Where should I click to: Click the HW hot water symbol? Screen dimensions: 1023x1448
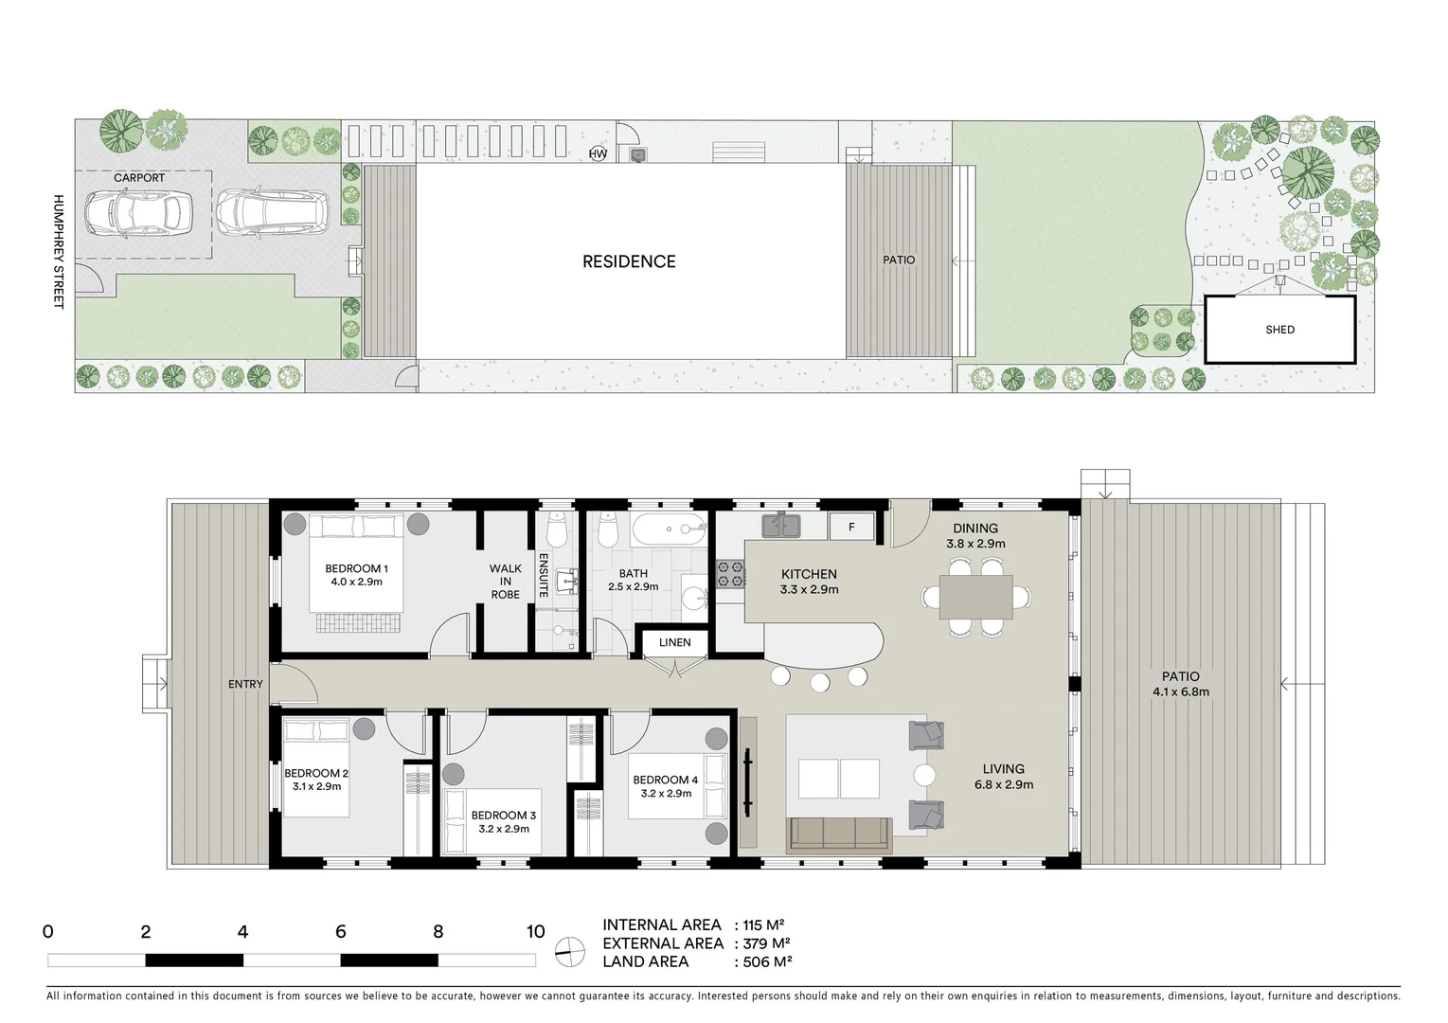click(598, 153)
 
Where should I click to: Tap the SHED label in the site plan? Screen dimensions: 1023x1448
click(1279, 330)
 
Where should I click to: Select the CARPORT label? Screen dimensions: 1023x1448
click(139, 178)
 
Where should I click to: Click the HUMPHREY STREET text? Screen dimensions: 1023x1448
click(58, 251)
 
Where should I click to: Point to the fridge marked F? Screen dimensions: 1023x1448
click(851, 527)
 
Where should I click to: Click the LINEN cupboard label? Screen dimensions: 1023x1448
click(674, 642)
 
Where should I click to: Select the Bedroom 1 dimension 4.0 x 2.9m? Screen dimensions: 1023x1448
click(356, 582)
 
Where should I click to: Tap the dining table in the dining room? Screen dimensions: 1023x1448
click(976, 597)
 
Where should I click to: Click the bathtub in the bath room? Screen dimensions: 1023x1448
click(669, 529)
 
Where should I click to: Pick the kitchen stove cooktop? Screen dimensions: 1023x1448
click(730, 574)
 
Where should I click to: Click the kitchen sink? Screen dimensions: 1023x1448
click(782, 525)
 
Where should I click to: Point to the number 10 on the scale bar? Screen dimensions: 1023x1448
click(536, 931)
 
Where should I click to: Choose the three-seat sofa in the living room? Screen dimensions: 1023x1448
click(839, 834)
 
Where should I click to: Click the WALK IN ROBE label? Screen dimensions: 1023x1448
click(506, 582)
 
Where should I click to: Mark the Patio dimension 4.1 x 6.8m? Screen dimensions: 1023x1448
click(1180, 691)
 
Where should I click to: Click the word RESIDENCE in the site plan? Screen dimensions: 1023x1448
click(629, 261)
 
